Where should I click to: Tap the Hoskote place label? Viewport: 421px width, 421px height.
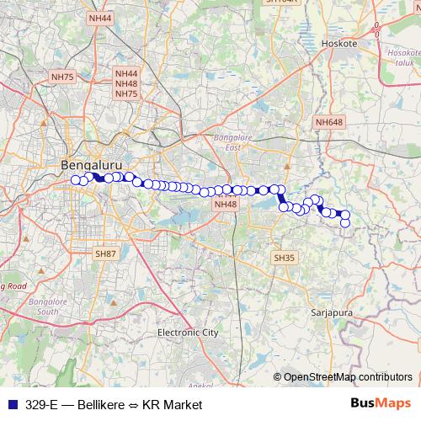340,42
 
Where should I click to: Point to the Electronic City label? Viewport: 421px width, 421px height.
188,333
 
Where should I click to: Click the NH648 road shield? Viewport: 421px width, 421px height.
329,122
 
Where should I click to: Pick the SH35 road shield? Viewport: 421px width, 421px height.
284,258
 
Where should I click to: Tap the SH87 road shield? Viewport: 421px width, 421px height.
105,253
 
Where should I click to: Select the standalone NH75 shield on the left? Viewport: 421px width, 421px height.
62,77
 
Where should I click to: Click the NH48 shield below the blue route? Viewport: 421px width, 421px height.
225,204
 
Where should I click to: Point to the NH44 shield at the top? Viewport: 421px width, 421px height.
99,18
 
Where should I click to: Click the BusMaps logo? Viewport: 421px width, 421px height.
380,404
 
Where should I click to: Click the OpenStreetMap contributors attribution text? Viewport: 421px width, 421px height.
347,377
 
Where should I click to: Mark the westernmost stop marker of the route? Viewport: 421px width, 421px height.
76,179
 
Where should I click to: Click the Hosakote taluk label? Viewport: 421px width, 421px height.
398,56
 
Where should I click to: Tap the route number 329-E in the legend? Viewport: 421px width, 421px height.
41,404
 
